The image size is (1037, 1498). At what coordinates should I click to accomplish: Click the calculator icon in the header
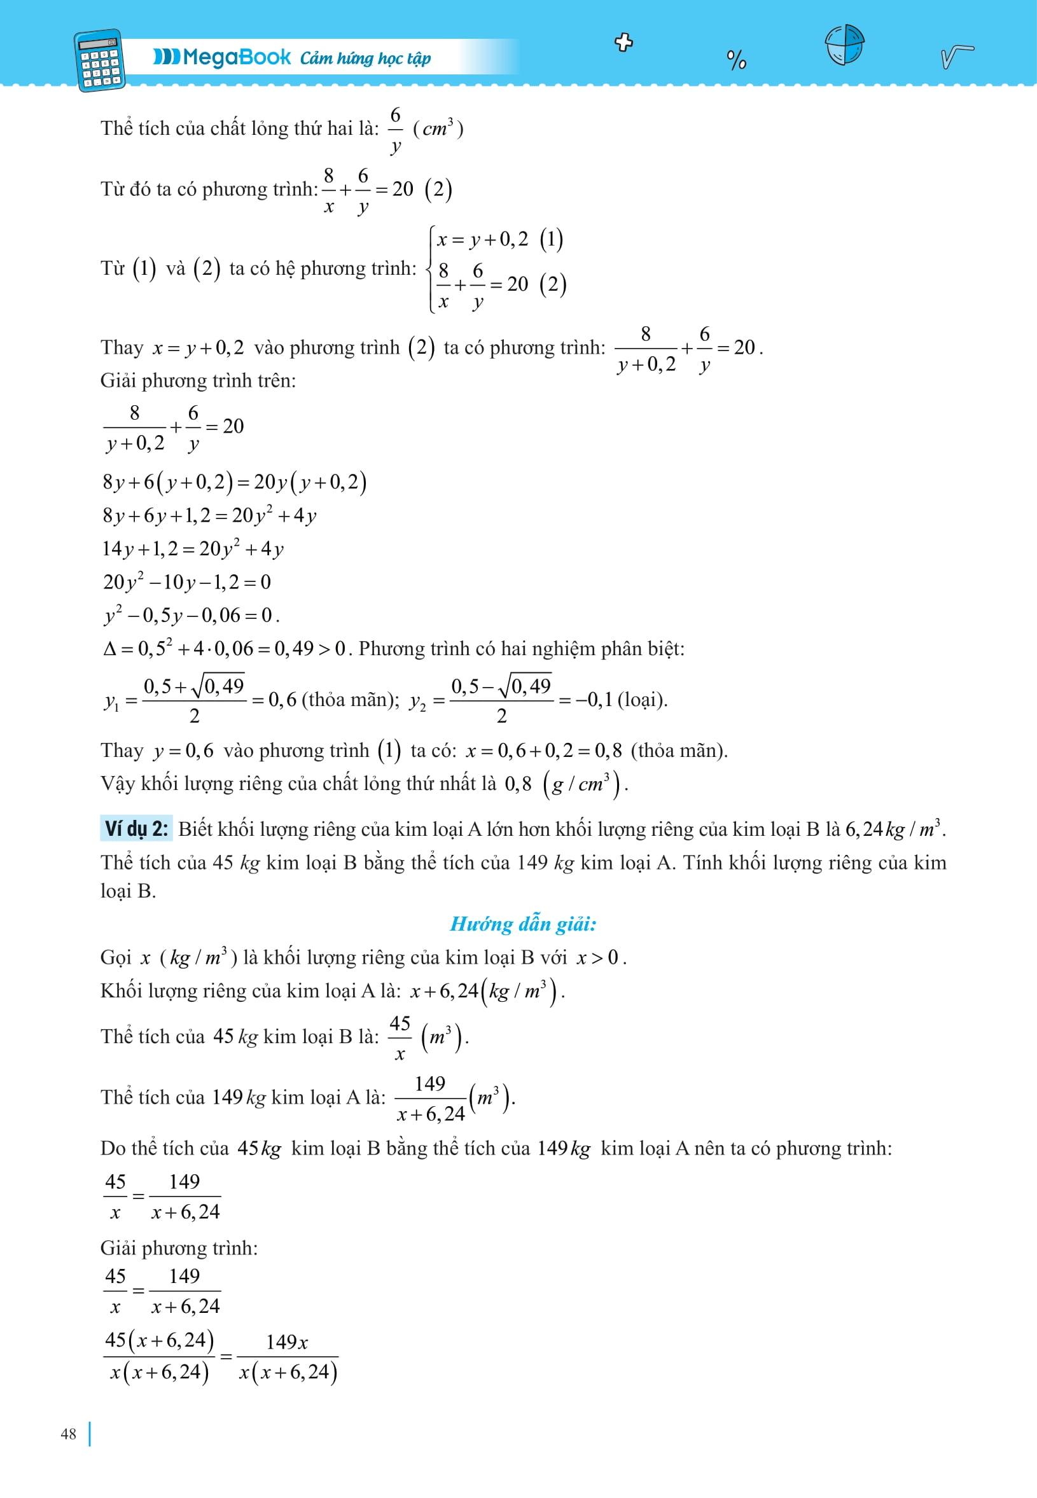click(101, 60)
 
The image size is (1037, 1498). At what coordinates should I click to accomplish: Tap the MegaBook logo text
click(222, 58)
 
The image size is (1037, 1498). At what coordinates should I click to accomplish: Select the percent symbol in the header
click(736, 60)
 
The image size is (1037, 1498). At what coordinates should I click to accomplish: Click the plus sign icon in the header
click(623, 43)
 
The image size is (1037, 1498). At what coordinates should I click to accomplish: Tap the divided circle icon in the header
click(844, 45)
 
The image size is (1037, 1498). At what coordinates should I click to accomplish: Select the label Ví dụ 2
click(136, 829)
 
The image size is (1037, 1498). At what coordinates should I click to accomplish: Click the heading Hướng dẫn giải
click(522, 924)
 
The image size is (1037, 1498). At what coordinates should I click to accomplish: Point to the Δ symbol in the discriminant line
click(109, 648)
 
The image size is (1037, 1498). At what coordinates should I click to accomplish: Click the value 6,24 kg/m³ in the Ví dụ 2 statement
click(894, 829)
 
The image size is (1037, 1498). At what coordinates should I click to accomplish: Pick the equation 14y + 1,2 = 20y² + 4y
click(192, 549)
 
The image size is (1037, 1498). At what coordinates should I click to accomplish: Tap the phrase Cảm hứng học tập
click(365, 59)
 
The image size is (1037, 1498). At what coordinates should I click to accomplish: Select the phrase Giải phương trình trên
click(197, 380)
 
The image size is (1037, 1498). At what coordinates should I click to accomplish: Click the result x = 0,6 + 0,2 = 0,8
click(543, 751)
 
